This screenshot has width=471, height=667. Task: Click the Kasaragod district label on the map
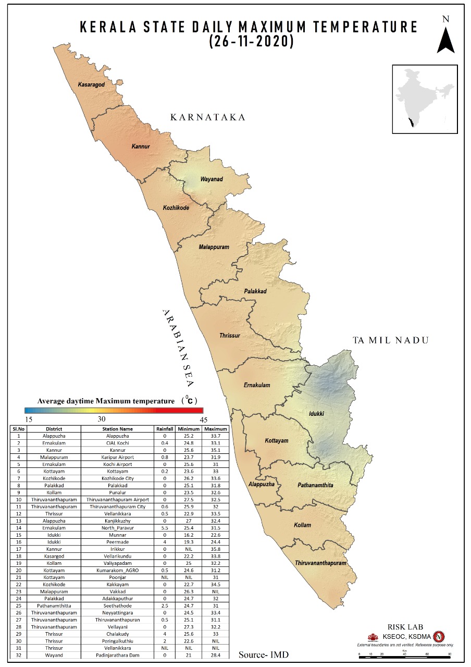pos(91,84)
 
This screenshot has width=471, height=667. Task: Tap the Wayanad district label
pos(212,179)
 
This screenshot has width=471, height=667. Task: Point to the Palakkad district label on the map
pos(255,291)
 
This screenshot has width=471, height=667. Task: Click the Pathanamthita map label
pos(315,485)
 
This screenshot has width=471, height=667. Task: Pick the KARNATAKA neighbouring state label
pos(207,117)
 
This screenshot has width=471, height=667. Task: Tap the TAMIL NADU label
pos(390,340)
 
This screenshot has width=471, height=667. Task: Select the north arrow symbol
pos(445,39)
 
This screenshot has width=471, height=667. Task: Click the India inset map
pos(424,99)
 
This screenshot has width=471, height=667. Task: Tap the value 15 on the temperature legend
pos(29,419)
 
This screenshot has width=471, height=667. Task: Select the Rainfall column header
pos(165,429)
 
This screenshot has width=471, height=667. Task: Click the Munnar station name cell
pos(120,535)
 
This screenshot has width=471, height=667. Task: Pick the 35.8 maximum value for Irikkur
pos(216,549)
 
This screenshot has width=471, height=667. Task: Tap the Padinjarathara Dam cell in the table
pos(120,654)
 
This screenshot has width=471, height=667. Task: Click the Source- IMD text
pos(263,654)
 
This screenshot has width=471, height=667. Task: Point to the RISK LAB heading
pos(405,627)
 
